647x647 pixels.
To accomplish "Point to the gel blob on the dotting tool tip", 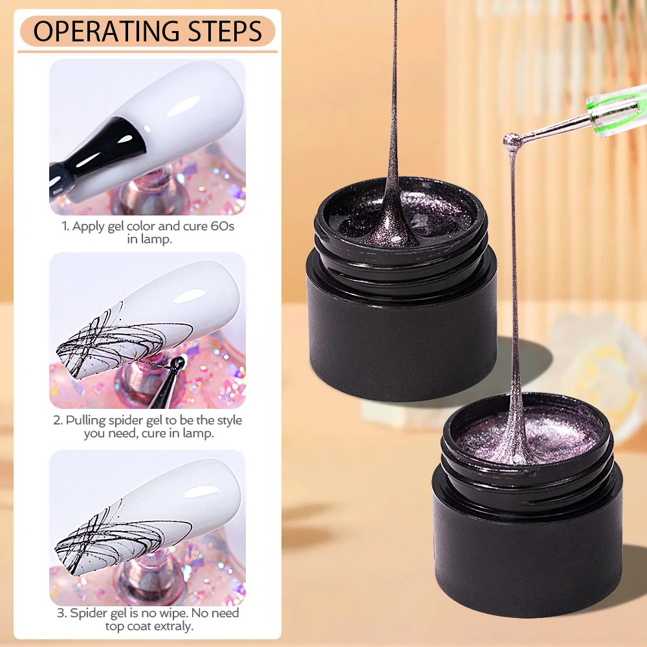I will [x=512, y=138].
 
